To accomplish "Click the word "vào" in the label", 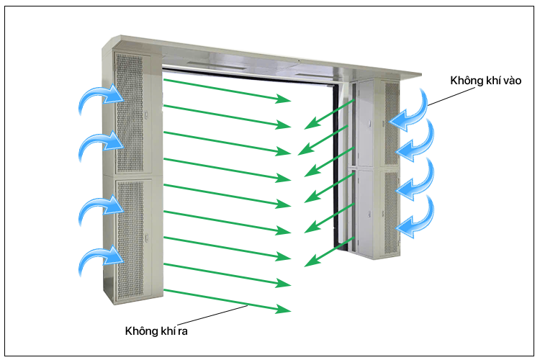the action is point(512,81).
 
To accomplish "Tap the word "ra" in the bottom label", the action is point(183,331).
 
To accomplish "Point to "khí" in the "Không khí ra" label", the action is point(168,330).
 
